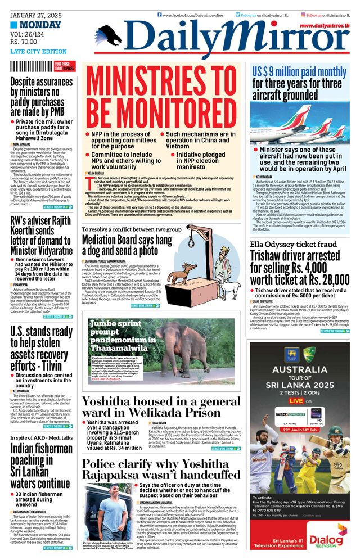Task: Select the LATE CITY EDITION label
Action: pos(38,52)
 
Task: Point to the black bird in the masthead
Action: pos(109,35)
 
